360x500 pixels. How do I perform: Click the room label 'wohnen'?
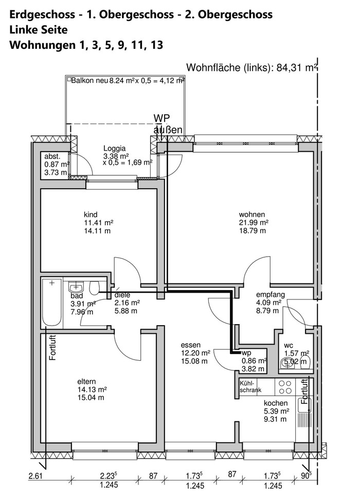coord(251,215)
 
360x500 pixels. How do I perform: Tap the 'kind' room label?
coord(91,215)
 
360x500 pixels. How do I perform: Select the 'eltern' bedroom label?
coord(86,381)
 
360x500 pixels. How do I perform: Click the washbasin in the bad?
coord(76,288)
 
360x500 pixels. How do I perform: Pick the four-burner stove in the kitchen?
coord(285,387)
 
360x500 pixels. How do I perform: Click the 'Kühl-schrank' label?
coord(250,386)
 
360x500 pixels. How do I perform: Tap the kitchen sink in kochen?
coord(304,406)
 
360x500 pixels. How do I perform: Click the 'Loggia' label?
coord(115,148)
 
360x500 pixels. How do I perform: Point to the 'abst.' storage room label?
coord(52,156)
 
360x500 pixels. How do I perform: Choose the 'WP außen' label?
coord(168,124)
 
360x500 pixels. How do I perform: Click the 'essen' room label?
coord(191,345)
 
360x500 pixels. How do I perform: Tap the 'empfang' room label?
coord(271,295)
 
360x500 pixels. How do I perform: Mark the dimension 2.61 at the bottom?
coord(35,476)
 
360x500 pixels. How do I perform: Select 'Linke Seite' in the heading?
coord(38,30)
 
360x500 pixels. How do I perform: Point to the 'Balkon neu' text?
coord(89,80)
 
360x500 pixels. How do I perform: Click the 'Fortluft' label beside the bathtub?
coord(53,348)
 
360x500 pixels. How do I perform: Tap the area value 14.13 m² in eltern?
coord(92,389)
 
